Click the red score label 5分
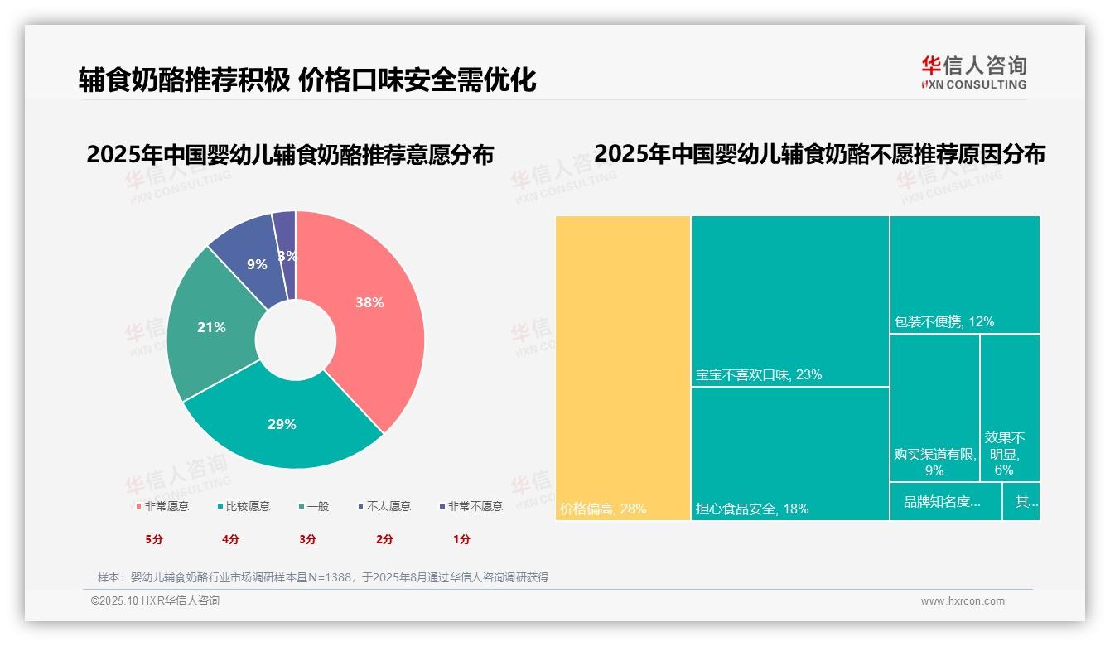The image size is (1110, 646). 155,539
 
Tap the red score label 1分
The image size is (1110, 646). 461,539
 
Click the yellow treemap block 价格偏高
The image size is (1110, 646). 622,368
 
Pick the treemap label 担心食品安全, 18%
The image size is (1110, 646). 752,509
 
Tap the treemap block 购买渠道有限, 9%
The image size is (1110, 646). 934,462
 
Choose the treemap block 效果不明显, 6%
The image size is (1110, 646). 1004,453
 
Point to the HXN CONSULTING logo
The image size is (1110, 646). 973,73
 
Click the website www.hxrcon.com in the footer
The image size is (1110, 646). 963,601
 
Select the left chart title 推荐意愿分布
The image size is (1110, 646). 290,155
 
